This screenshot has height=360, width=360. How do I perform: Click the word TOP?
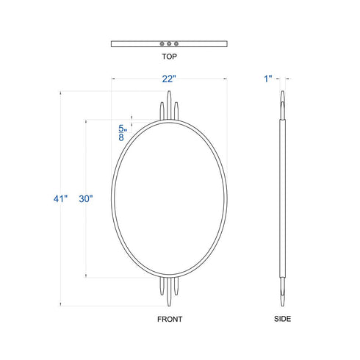(x=169, y=55)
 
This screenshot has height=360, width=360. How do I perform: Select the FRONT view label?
(x=169, y=320)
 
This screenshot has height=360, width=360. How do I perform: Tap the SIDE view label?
(x=282, y=320)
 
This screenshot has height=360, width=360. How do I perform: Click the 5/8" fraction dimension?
(x=120, y=132)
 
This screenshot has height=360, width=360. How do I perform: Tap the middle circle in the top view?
(x=169, y=43)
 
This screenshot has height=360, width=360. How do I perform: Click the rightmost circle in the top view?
(x=176, y=43)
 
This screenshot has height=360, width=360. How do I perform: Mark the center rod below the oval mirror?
(x=169, y=294)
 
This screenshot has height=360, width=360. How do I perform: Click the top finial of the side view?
(x=282, y=100)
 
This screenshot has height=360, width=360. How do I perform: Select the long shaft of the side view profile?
(x=282, y=198)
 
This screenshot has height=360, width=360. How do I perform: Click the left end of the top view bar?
(x=112, y=43)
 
